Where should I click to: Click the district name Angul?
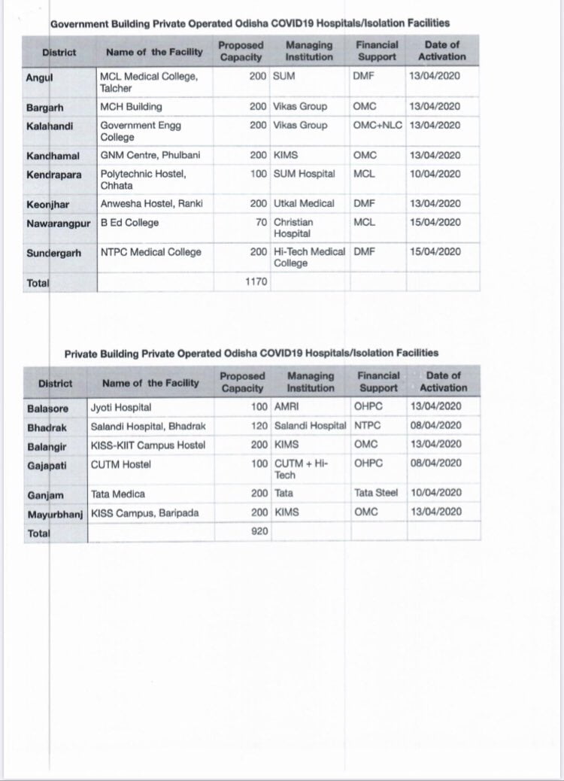(x=38, y=76)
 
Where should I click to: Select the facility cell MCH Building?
(x=131, y=106)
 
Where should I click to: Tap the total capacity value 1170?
(x=256, y=281)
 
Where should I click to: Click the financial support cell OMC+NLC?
(x=378, y=125)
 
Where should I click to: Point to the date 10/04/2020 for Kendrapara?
(x=435, y=174)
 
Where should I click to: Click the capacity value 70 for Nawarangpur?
(x=262, y=222)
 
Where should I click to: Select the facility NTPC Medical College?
(x=151, y=252)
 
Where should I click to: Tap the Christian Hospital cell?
(x=293, y=227)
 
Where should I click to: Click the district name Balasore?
(x=47, y=407)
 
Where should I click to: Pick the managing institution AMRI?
(x=287, y=407)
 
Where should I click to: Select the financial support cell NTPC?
(x=367, y=426)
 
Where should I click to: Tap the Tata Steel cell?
(x=376, y=493)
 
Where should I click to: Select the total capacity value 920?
(x=259, y=532)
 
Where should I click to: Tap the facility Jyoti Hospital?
(x=121, y=407)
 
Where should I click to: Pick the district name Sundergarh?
(x=53, y=252)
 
